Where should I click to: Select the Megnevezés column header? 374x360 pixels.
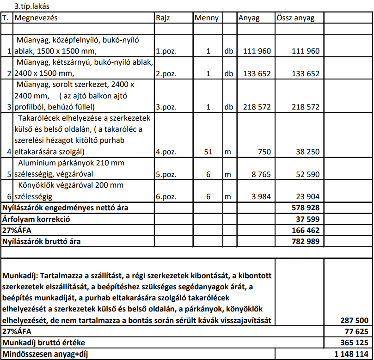[x=37, y=18]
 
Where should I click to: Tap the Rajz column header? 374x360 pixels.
[x=163, y=18]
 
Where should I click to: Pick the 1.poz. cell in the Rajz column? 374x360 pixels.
[x=166, y=51]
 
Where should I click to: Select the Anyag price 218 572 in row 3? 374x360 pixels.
[x=257, y=107]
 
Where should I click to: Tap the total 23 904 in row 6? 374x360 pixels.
[x=306, y=196]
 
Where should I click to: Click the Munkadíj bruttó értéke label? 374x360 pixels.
[x=44, y=342]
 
